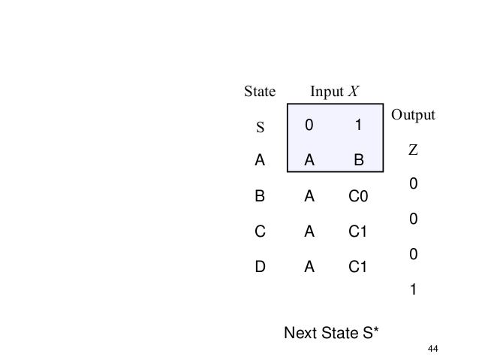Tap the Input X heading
click(x=335, y=92)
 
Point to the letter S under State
click(x=261, y=127)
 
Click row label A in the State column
click(x=260, y=160)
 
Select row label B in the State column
click(x=260, y=197)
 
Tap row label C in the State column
click(x=260, y=232)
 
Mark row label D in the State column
click(x=260, y=268)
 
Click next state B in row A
click(x=358, y=160)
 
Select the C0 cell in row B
click(x=358, y=197)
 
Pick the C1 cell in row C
click(x=358, y=232)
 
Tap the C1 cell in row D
click(x=358, y=268)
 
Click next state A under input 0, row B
click(x=309, y=197)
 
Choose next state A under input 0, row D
click(x=309, y=268)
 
